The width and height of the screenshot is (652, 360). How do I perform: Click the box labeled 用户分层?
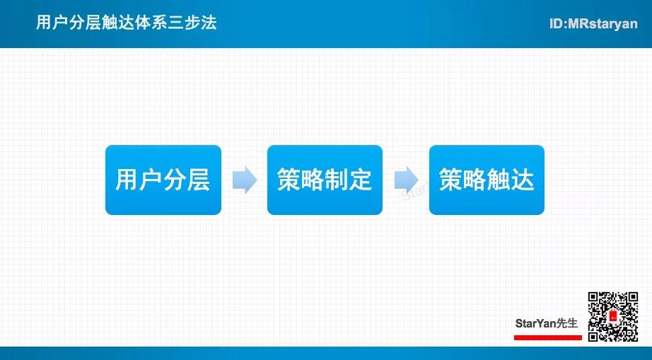[x=163, y=180]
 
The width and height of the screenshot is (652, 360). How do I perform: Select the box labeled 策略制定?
[x=325, y=180]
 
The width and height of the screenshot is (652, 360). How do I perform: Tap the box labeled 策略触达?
[x=487, y=180]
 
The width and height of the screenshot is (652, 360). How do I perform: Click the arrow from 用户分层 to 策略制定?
[x=245, y=180]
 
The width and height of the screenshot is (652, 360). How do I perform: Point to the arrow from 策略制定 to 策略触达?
[x=406, y=180]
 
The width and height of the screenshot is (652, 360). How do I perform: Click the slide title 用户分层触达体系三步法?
[x=127, y=23]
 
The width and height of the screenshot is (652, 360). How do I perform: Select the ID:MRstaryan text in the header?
[x=593, y=24]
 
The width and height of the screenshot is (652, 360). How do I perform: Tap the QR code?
[x=613, y=316]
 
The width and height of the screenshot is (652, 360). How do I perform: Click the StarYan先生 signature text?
[x=547, y=323]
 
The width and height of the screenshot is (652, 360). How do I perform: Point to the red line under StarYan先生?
[x=547, y=337]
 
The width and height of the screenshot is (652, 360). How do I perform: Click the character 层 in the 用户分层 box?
[x=198, y=180]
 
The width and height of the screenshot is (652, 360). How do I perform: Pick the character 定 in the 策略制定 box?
[x=360, y=180]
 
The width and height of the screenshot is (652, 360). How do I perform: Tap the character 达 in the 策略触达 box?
[x=522, y=180]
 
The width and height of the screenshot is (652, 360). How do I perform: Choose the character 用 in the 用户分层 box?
[x=127, y=180]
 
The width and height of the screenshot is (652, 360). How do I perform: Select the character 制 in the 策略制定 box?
[x=336, y=180]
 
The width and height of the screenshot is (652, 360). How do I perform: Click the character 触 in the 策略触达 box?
[x=498, y=180]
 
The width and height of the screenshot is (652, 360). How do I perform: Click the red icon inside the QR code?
[x=613, y=316]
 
